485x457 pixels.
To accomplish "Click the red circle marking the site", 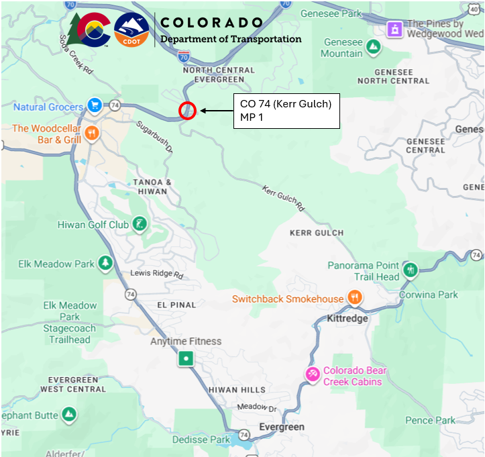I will point(187,111).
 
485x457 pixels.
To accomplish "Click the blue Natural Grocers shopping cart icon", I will point(94,105).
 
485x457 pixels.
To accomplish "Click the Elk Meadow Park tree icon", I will point(105,263).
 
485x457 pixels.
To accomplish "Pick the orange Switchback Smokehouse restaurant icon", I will point(355,298).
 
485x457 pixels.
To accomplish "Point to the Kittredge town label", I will point(347,318).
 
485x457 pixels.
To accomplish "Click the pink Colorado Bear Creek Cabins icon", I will point(312,374).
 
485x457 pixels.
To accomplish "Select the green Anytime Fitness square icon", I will point(186,359).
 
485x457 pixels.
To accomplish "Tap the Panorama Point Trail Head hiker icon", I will point(411,270).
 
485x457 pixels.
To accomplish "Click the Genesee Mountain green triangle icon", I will point(374,48).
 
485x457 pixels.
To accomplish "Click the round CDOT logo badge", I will point(131,30).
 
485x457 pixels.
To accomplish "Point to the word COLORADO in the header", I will point(211,22).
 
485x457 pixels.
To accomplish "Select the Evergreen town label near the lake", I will point(281,427).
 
